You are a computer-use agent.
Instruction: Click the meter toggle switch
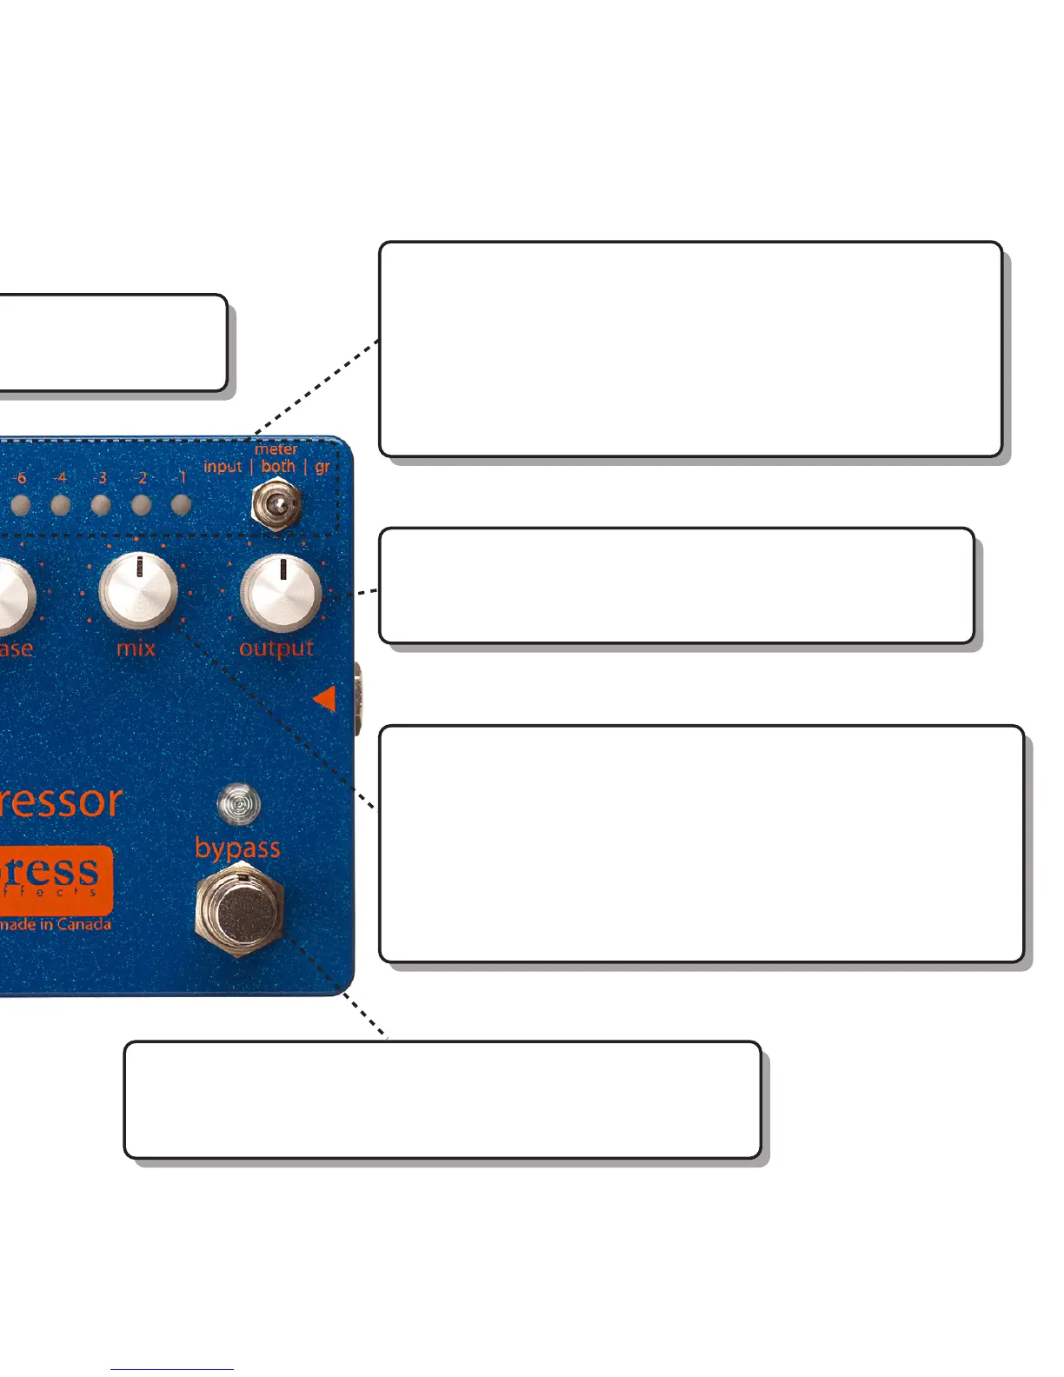276,503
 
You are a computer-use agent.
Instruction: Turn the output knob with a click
281,592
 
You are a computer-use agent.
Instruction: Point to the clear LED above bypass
238,805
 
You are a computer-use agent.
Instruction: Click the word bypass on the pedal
237,848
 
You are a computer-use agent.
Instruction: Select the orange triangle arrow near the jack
325,697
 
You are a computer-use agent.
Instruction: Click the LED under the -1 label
181,505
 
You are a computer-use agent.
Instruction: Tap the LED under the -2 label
141,505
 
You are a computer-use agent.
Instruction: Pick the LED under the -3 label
101,505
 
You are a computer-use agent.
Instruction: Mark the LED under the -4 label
60,505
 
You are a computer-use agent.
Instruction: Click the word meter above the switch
276,449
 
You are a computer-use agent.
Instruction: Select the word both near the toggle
278,466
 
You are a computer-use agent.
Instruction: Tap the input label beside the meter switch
223,467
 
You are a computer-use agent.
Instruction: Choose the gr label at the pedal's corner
323,467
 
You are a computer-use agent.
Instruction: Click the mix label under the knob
136,648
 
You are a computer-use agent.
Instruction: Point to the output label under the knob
276,649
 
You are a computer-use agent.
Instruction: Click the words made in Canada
56,924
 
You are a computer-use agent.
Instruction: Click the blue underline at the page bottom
172,1370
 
